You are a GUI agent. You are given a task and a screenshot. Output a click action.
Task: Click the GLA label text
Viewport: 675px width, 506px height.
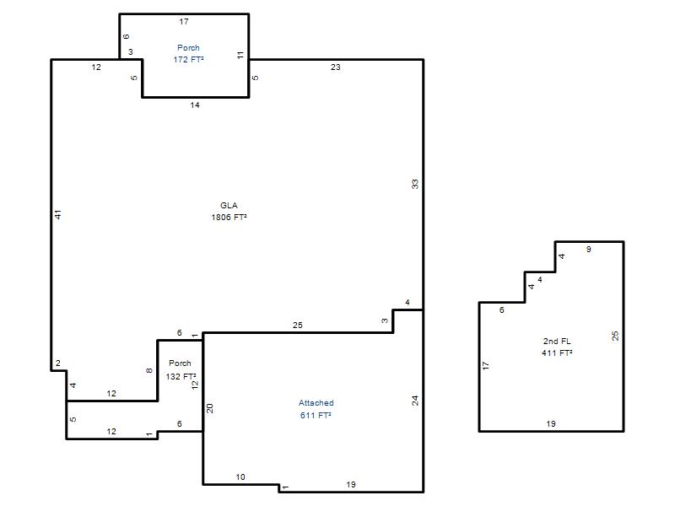pos(229,205)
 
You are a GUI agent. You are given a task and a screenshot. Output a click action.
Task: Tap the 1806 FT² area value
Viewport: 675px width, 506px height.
pos(229,218)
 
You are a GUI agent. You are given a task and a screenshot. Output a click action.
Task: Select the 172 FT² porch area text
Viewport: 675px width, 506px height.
pos(188,59)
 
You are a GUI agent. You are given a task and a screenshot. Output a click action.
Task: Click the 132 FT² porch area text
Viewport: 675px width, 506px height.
pos(181,376)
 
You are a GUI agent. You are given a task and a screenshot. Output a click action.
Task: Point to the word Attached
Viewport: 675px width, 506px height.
pos(316,403)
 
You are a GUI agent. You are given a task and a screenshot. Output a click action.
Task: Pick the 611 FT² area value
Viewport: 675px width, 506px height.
pos(316,415)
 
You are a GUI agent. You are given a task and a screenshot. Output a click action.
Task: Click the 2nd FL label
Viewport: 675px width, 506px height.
pos(557,342)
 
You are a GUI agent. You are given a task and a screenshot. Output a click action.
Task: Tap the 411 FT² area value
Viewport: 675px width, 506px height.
pos(557,353)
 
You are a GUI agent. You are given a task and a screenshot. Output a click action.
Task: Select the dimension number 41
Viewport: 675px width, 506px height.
pos(58,214)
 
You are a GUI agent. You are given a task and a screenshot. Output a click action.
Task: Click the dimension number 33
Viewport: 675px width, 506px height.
pos(414,184)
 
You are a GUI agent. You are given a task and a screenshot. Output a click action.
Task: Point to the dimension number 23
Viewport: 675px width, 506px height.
pos(335,67)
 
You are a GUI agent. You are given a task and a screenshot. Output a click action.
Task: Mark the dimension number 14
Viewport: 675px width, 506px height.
pos(195,105)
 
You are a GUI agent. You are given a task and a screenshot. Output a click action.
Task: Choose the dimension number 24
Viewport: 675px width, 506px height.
pos(414,401)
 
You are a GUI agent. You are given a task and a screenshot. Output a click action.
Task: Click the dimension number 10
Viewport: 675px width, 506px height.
pos(240,476)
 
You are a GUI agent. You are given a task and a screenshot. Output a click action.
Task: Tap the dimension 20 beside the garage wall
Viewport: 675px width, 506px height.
pos(209,408)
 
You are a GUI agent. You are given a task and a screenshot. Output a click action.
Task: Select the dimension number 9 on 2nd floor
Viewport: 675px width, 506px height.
pos(588,249)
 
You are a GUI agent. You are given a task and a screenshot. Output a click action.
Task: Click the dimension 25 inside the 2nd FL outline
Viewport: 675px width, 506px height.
pos(615,336)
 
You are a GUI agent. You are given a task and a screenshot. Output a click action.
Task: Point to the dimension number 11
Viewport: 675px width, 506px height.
pos(240,55)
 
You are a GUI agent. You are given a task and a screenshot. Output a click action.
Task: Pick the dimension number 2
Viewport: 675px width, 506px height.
pos(58,363)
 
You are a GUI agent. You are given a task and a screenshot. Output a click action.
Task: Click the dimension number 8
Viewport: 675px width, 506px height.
pos(149,370)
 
